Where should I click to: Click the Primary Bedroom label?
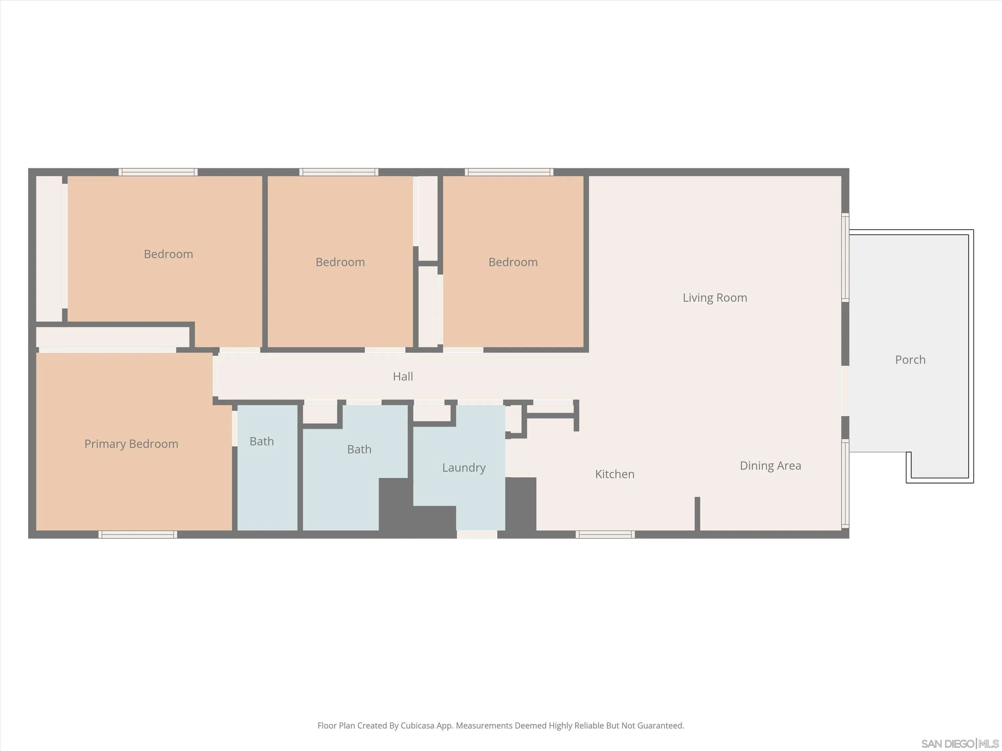pos(131,444)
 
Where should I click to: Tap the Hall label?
pos(403,376)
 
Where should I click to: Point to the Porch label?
pos(910,359)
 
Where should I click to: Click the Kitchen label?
pos(614,474)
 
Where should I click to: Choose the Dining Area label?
pos(770,465)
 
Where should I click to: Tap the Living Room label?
pos(714,297)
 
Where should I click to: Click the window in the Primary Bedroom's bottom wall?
pos(138,535)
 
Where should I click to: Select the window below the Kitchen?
pos(605,535)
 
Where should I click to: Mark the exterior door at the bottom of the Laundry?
pos(477,535)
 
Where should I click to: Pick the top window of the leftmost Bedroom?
pos(158,172)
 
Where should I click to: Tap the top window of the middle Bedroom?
pos(338,172)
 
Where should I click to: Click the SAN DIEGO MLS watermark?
pos(960,743)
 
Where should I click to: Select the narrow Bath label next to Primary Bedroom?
pos(262,441)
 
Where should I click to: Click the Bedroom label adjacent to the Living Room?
pos(513,262)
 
